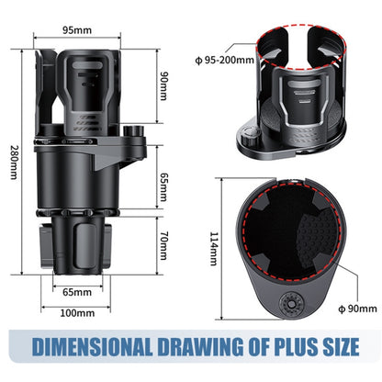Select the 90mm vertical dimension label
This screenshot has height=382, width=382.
point(164,85)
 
